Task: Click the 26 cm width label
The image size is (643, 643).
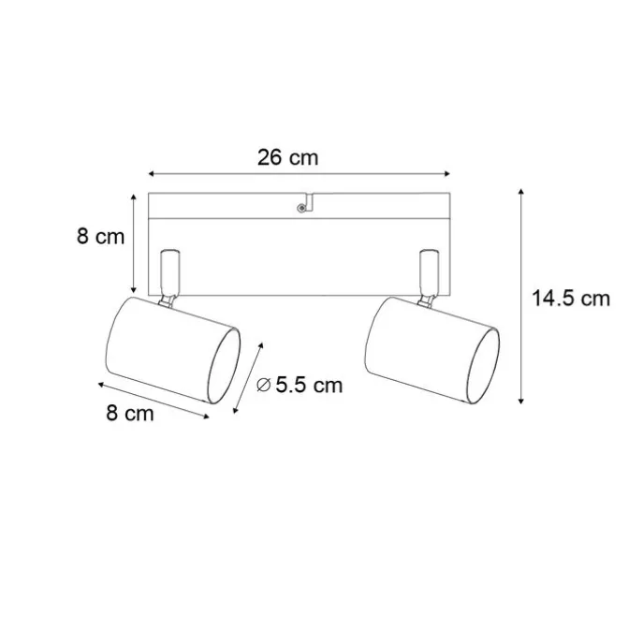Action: (x=287, y=157)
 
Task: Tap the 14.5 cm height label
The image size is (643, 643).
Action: (x=571, y=299)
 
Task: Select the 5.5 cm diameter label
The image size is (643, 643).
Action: (x=309, y=385)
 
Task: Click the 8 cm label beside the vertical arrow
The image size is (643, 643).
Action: (x=100, y=237)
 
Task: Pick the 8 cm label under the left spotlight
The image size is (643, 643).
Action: (x=130, y=413)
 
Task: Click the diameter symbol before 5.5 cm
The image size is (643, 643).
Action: (x=264, y=385)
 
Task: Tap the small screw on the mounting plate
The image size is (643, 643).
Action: (x=301, y=209)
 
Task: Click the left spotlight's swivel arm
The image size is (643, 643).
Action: (x=170, y=272)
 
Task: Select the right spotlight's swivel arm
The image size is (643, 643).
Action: (x=429, y=272)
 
